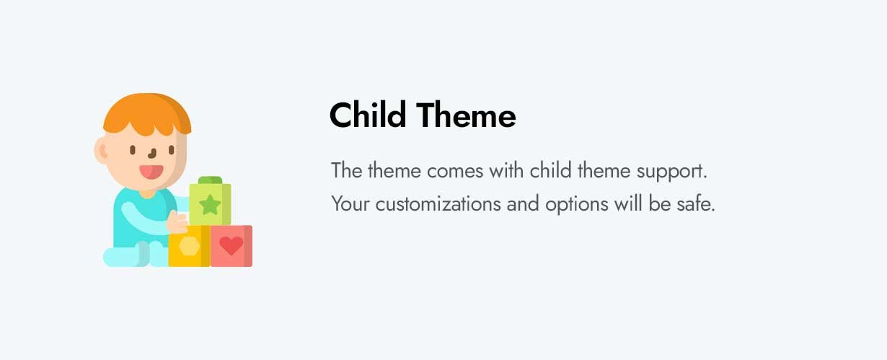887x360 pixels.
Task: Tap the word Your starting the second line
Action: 350,204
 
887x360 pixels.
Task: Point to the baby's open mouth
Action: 151,172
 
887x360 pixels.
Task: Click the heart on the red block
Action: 231,246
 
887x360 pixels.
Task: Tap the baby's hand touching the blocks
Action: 177,223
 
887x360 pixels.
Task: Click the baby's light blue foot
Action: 123,257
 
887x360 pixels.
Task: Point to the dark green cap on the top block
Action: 210,180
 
